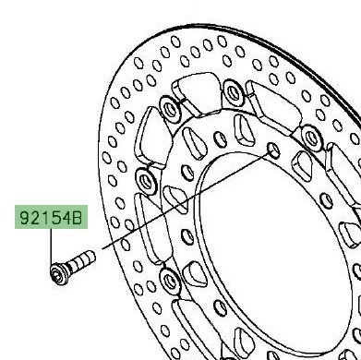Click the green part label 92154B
pos(51,217)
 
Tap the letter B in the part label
pos(77,218)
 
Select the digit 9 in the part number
pos(25,218)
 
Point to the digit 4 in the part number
pos(66,218)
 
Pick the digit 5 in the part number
pos(55,218)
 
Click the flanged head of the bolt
pos(59,273)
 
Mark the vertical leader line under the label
pos(51,246)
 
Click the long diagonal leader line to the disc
pos(184,202)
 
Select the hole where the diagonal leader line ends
pos(273,150)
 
